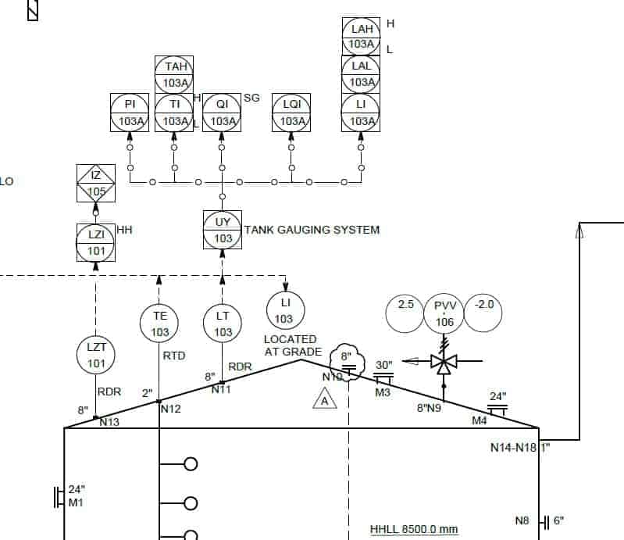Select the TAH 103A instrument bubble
coord(173,74)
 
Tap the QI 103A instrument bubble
coord(222,113)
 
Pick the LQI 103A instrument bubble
coord(291,113)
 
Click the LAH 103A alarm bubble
coord(361,36)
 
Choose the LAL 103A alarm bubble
coord(361,74)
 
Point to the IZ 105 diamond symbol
coord(96,184)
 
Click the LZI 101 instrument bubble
coord(96,242)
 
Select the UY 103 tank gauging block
coord(223,230)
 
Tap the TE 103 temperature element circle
coord(159,324)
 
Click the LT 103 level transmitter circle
coord(223,324)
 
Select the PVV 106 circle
coord(444,313)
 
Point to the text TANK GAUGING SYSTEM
coord(312,230)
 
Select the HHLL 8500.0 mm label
coord(414,529)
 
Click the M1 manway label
coord(76,502)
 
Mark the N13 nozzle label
coord(109,422)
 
